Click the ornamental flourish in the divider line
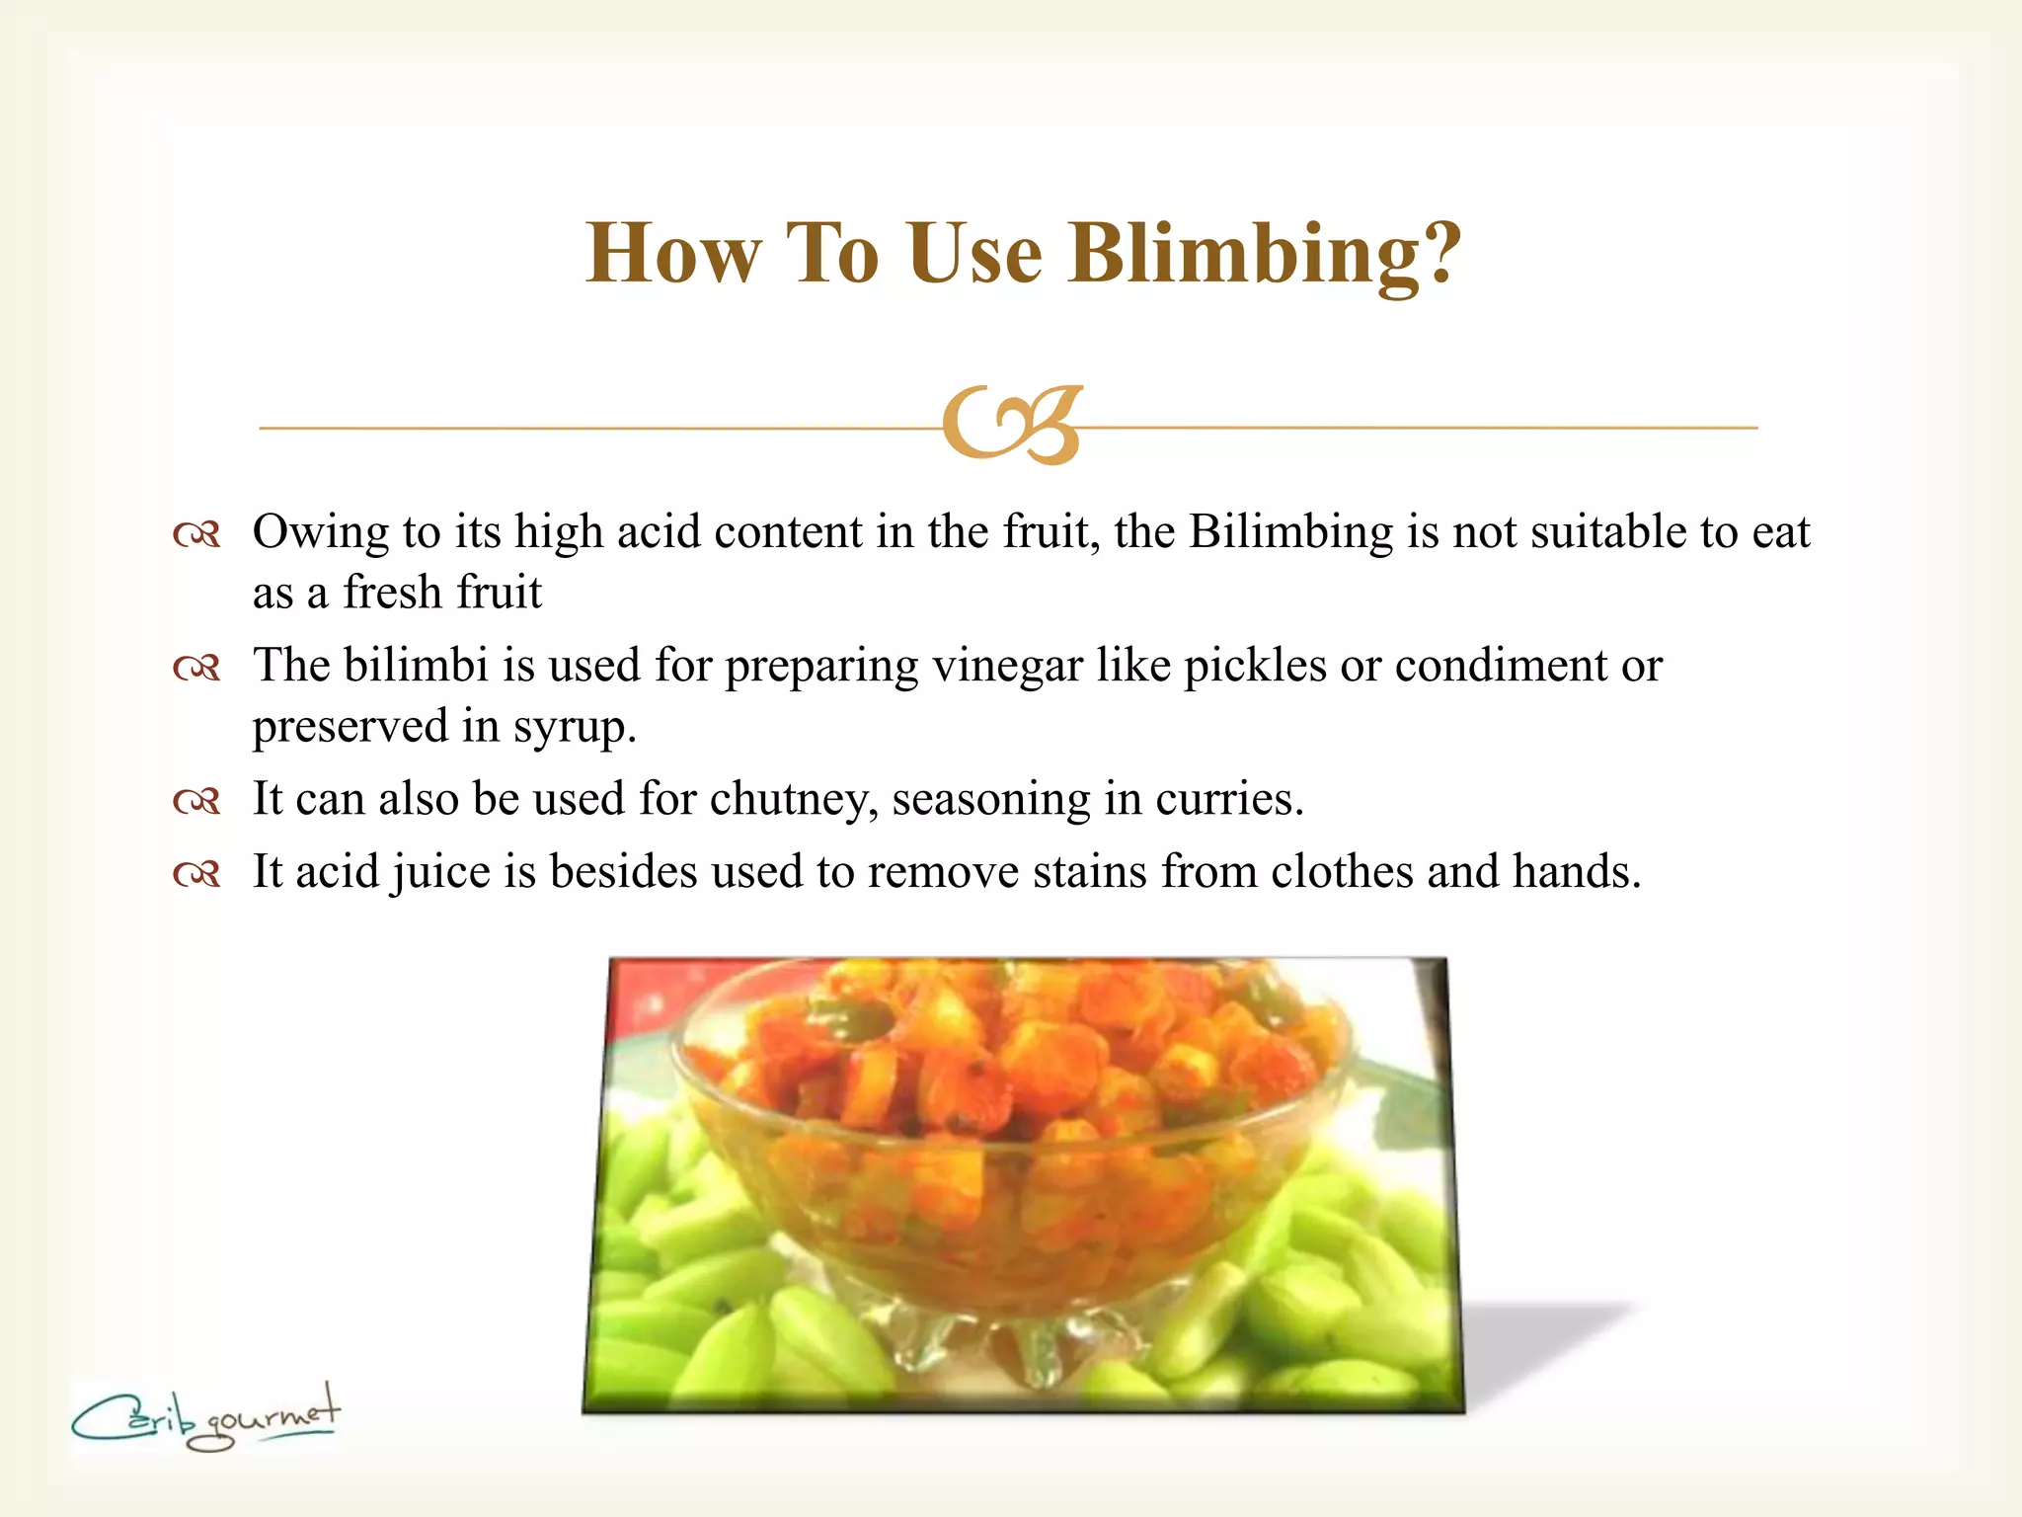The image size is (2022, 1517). click(x=1012, y=426)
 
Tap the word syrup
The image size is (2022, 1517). click(x=574, y=729)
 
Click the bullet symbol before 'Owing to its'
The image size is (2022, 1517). click(x=195, y=535)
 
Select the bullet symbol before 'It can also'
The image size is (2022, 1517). click(x=195, y=800)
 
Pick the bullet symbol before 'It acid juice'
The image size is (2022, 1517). click(x=195, y=873)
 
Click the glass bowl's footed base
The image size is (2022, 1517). click(x=1017, y=1333)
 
